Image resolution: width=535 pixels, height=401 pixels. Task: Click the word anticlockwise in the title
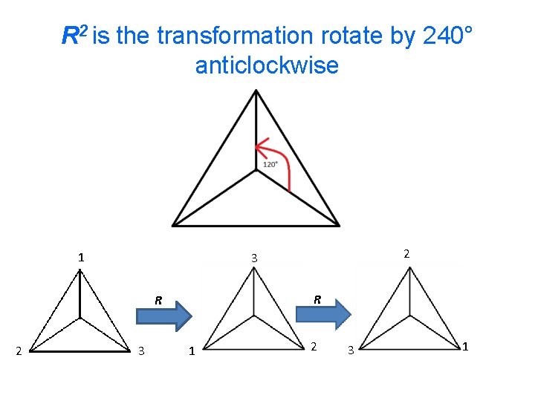coord(267,65)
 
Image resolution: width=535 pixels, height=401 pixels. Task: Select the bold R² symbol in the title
coord(74,34)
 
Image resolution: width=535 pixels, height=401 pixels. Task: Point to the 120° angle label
coord(270,164)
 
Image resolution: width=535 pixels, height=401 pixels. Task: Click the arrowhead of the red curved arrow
coord(259,146)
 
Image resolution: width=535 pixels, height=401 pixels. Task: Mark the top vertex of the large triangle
coord(256,91)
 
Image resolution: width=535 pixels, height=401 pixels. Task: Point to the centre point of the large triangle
coord(256,178)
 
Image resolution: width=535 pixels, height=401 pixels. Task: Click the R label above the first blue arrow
coord(158,301)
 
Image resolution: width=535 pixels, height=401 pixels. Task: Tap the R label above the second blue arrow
coord(317,300)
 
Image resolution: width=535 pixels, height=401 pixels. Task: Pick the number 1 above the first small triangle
coord(80,258)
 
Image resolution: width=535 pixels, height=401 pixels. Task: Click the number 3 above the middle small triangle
coord(253,258)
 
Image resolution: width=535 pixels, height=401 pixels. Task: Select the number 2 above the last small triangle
coord(406,254)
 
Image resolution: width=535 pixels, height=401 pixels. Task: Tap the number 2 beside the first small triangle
coord(20,351)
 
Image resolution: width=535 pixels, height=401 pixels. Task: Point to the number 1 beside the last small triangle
coord(466,346)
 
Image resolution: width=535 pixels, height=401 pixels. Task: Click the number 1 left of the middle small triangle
coord(191,351)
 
